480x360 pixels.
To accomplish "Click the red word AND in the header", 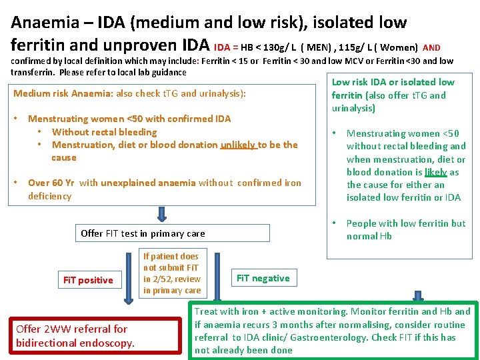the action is coord(431,47).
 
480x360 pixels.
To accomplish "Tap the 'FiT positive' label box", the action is coord(88,280).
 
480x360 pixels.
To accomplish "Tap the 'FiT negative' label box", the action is coord(263,278).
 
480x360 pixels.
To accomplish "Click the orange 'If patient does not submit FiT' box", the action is coord(171,273).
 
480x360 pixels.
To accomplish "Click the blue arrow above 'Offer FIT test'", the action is coord(161,214).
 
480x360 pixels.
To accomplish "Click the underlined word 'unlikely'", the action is coord(238,145).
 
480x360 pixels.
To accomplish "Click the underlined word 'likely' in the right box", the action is coord(436,172).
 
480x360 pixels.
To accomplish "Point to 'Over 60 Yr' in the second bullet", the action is coord(51,183).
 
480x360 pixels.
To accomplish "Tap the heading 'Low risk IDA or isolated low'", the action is coord(393,82).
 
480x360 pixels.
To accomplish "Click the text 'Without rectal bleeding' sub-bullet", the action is coord(104,132).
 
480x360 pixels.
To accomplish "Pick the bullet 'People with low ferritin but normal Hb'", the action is coord(405,229).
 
